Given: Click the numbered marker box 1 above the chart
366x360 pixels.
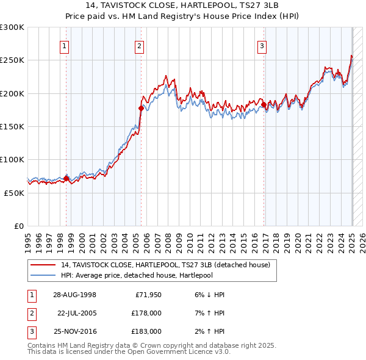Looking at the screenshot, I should click(64, 45).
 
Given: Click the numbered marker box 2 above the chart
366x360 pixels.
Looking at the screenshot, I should click(140, 45).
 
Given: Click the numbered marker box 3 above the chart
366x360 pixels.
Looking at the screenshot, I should click(262, 45).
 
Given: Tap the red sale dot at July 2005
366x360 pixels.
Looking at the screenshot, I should click(141, 108).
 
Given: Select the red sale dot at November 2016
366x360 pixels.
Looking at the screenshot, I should click(264, 105).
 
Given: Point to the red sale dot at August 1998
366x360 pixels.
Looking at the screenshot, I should click(66, 178).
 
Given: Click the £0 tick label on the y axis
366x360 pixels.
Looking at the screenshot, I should click(18, 226).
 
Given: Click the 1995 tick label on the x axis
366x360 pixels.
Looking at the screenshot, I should click(28, 238).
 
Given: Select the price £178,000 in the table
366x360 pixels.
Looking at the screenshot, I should click(146, 313).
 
